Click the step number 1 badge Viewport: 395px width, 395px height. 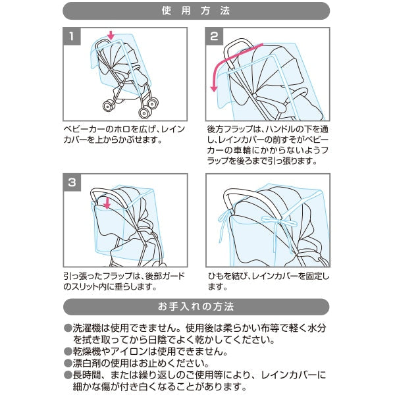pyautogui.click(x=72, y=37)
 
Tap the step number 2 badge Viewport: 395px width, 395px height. pyautogui.click(x=214, y=37)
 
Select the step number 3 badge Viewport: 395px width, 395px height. pyautogui.click(x=72, y=182)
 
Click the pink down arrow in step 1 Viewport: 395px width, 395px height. pyautogui.click(x=111, y=35)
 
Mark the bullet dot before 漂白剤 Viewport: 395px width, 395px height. pyautogui.click(x=67, y=363)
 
